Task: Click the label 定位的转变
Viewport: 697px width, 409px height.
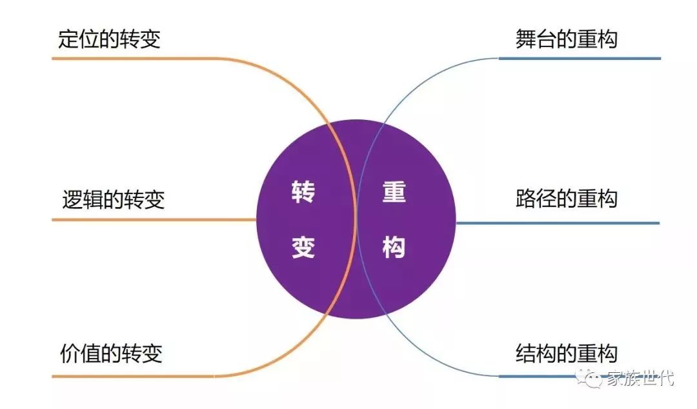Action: [x=109, y=39]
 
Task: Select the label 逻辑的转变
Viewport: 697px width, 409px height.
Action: [x=114, y=199]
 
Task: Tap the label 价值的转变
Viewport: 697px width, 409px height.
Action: [x=110, y=354]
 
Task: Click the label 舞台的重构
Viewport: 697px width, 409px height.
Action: [x=566, y=39]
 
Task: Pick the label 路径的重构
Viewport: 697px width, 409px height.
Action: [x=566, y=198]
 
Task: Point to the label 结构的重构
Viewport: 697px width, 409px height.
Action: [x=566, y=354]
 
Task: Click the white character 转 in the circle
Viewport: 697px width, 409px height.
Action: [x=303, y=192]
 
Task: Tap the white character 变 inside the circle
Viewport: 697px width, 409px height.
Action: [x=303, y=246]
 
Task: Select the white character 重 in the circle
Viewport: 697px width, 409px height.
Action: [x=394, y=192]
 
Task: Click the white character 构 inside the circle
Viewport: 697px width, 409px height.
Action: [x=394, y=246]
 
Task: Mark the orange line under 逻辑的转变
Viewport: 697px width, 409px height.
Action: [x=155, y=220]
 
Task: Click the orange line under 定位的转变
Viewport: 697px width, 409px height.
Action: [x=142, y=59]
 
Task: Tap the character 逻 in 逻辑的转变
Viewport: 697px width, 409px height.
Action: [x=73, y=199]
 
